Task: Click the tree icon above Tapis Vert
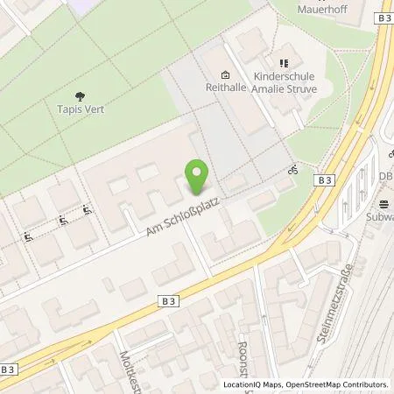point(80,97)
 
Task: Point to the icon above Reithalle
point(226,74)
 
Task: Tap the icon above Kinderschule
point(283,63)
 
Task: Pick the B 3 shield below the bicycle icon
point(325,179)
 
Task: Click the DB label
point(385,175)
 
